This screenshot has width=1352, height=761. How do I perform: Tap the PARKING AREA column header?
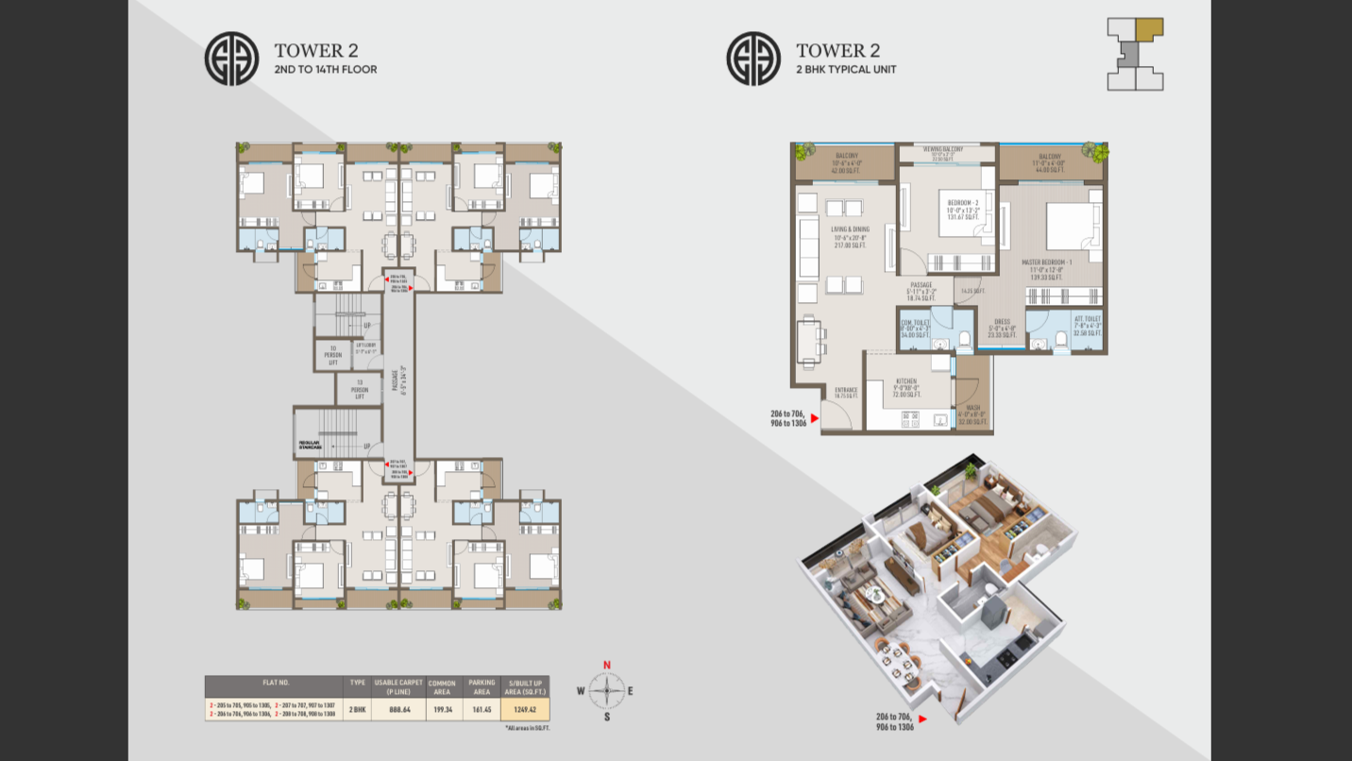point(482,686)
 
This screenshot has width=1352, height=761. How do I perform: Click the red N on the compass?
point(607,665)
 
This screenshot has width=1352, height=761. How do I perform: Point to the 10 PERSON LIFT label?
point(332,355)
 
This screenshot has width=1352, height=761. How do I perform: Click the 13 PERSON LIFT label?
point(360,388)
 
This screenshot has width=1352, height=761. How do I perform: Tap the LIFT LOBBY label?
point(366,347)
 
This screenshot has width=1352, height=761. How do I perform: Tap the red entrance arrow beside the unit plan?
point(814,415)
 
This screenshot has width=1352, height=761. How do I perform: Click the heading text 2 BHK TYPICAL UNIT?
point(846,70)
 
